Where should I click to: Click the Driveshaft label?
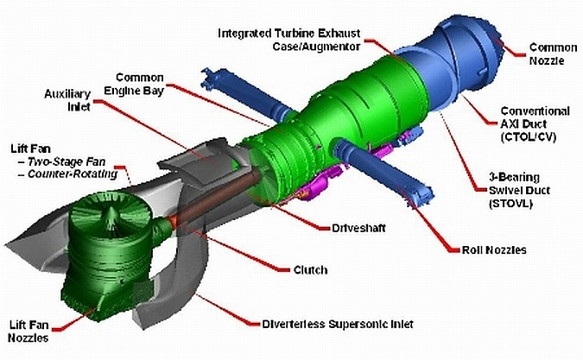click(x=358, y=228)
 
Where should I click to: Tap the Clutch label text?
click(x=310, y=269)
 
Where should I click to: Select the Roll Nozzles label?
click(x=494, y=250)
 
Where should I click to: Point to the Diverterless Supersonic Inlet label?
click(x=338, y=325)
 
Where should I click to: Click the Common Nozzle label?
click(x=553, y=54)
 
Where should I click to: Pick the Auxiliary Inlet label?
click(x=67, y=100)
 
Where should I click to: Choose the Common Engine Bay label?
click(x=134, y=85)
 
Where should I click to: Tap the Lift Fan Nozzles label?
click(x=29, y=332)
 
